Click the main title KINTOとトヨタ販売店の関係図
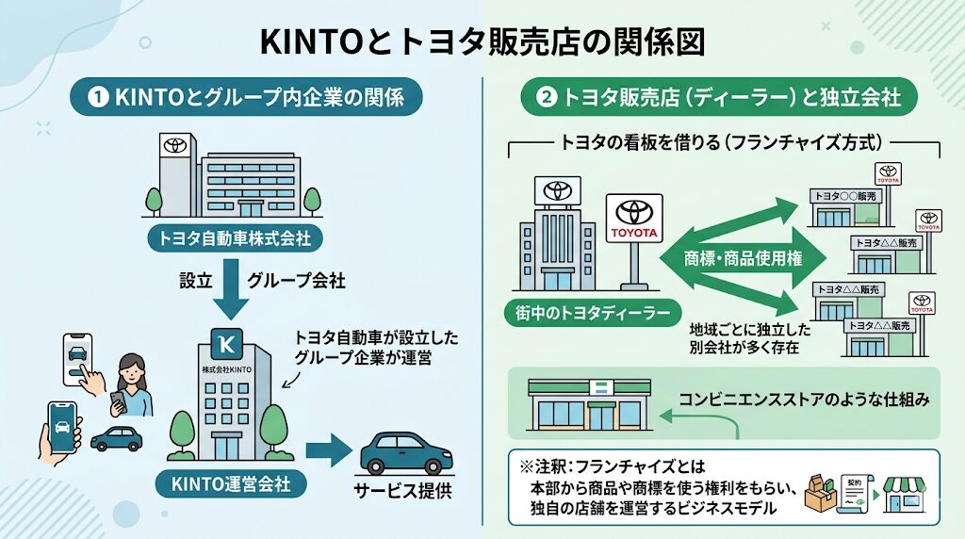(482, 42)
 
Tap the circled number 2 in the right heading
(546, 97)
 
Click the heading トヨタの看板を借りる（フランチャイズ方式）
(721, 144)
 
